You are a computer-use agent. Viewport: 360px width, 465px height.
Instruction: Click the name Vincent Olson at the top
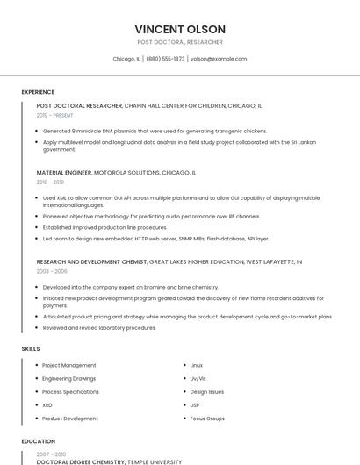click(180, 29)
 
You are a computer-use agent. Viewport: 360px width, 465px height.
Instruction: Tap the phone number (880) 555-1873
click(165, 59)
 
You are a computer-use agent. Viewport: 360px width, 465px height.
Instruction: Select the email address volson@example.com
click(219, 59)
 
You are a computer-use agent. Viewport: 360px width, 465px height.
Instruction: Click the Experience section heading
click(38, 92)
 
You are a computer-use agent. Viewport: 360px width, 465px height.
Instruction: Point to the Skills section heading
click(31, 348)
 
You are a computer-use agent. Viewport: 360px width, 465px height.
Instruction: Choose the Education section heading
click(38, 441)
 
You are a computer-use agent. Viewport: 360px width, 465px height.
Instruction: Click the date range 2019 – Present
click(54, 115)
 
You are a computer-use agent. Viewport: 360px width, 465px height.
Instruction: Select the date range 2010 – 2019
click(50, 182)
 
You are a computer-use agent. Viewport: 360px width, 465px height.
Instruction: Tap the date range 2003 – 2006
click(52, 271)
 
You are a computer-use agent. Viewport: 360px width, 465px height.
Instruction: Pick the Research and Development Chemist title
click(91, 261)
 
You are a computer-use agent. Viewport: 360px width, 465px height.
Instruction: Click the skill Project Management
click(68, 365)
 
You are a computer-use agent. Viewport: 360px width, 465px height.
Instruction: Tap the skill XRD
click(47, 405)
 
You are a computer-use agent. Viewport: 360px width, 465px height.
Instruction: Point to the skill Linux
click(196, 365)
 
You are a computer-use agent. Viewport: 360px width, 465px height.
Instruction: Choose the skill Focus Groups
click(207, 418)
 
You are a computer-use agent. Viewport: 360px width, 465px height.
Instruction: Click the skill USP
click(195, 405)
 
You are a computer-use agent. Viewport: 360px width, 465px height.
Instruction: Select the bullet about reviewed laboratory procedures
click(99, 327)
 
